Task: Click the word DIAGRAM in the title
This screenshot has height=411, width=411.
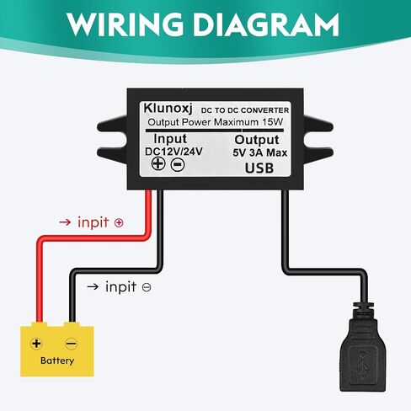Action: pos(266,24)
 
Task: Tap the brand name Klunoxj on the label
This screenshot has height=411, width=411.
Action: pos(168,109)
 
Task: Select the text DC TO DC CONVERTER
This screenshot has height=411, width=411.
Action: pos(245,110)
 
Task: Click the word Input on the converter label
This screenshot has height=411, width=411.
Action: pos(170,139)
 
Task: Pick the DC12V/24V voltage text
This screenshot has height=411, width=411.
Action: pos(173,152)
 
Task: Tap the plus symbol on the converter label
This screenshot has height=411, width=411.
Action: pos(158,163)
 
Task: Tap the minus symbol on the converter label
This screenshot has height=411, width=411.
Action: pos(178,164)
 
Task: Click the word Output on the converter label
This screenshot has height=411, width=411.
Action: pos(257,140)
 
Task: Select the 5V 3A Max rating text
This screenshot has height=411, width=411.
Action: pos(260,152)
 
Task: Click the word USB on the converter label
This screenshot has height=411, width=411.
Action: pos(259,168)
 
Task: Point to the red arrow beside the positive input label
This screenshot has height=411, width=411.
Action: pos(65,222)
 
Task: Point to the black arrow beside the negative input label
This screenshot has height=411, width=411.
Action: pos(93,286)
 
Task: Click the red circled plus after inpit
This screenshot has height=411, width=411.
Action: pos(119,223)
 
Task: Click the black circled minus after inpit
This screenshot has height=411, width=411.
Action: pos(147,287)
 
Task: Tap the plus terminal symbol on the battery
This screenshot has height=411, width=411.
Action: pos(36,344)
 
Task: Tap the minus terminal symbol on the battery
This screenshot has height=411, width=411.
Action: pos(72,344)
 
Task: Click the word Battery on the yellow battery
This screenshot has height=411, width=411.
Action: pos(57,360)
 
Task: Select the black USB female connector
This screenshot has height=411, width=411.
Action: pos(363,348)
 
